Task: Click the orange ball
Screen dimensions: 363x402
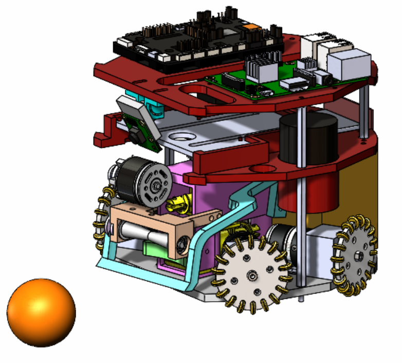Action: [x=41, y=312]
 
